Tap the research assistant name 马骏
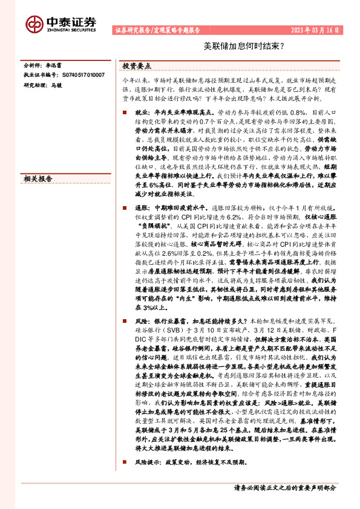57,85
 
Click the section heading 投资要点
137,65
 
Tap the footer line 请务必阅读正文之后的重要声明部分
285,487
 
